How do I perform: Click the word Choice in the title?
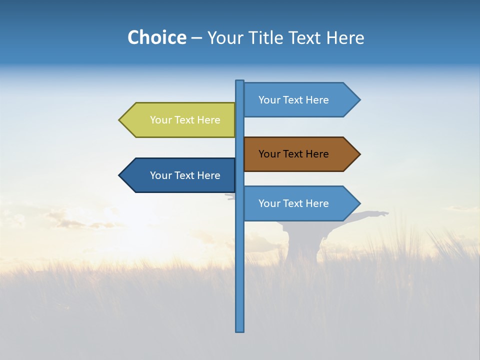[x=156, y=37]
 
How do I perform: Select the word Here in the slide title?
[x=345, y=37]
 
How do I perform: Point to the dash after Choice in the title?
[x=196, y=38]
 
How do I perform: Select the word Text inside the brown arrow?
[x=293, y=154]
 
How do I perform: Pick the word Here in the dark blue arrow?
[x=209, y=175]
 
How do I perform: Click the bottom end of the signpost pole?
[x=240, y=330]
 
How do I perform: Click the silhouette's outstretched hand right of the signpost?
[x=384, y=214]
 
